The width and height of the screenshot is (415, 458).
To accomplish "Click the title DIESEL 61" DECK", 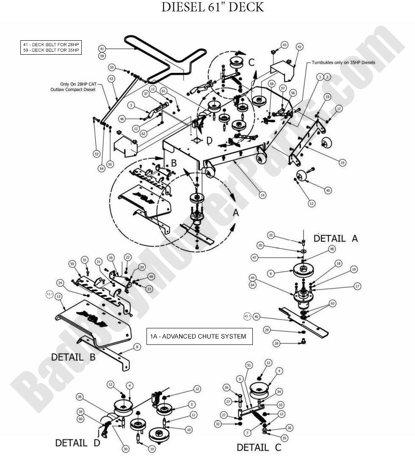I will click(213, 8).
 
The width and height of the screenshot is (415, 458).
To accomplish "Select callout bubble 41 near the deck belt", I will click(102, 48).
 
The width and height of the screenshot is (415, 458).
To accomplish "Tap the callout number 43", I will click(284, 44).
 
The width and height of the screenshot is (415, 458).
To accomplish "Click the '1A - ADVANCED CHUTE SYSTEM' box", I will click(198, 336).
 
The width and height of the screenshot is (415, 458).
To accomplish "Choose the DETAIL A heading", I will click(335, 239).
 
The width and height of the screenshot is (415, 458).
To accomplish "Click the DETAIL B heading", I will click(73, 357).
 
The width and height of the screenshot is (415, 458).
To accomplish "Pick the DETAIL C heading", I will click(259, 447).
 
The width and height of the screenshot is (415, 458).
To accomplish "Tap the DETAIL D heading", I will click(77, 443).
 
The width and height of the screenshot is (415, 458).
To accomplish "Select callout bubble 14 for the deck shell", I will click(263, 195).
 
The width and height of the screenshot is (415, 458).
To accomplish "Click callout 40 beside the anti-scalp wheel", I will click(327, 191).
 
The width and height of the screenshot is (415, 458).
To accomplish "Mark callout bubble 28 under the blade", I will click(277, 344).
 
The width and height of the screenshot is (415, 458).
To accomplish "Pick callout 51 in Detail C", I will click(249, 365).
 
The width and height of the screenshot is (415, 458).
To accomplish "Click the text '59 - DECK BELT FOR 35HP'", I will click(51, 50).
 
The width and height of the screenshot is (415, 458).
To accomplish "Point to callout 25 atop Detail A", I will click(271, 235).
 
